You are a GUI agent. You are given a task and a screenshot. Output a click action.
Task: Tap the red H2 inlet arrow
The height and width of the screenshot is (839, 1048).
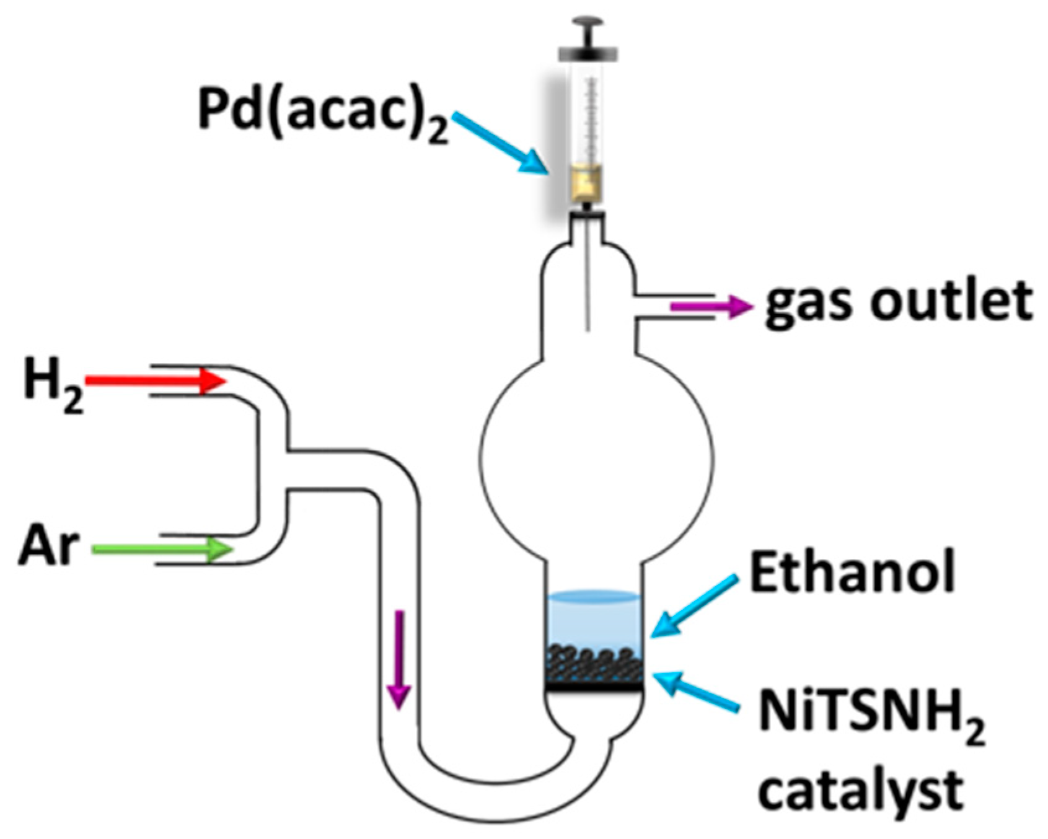(x=155, y=380)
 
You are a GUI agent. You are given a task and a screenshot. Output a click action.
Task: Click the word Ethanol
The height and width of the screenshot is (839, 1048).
(x=852, y=573)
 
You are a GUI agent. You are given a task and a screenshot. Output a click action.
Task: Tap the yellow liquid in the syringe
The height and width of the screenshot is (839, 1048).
(x=587, y=183)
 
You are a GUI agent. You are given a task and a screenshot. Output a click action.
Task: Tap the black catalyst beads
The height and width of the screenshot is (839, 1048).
(x=593, y=666)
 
